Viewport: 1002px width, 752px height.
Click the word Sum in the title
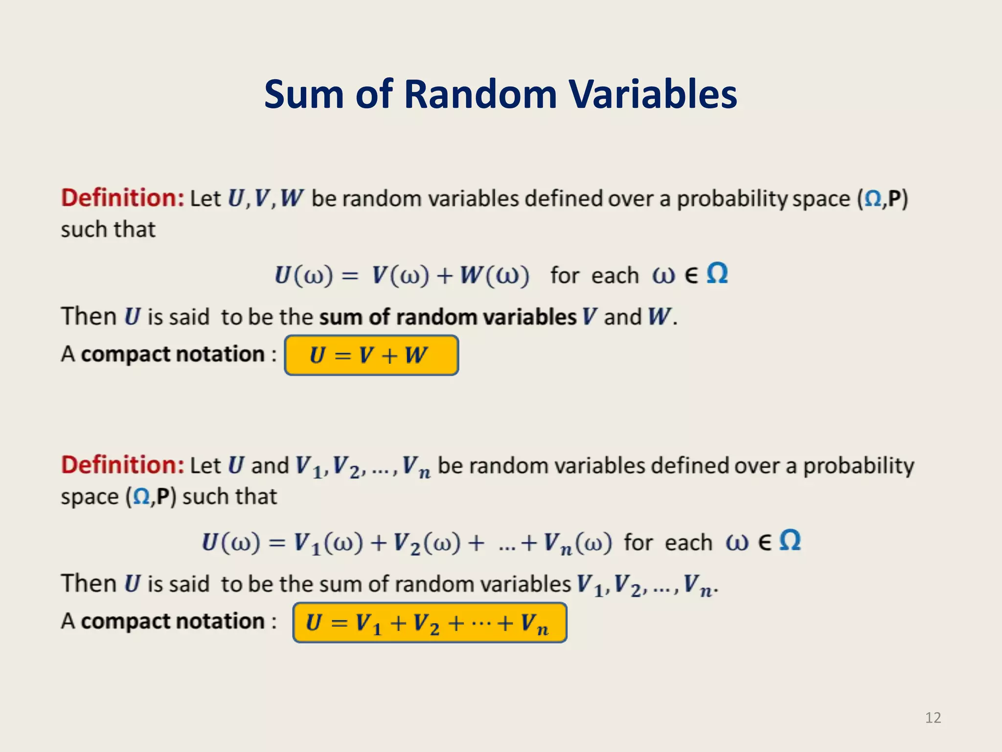pyautogui.click(x=304, y=94)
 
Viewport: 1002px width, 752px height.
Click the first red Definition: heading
pyautogui.click(x=122, y=198)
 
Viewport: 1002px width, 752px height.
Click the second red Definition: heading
pyautogui.click(x=122, y=465)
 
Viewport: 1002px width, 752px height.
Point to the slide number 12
pyautogui.click(x=933, y=718)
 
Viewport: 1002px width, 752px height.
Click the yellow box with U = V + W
pyautogui.click(x=371, y=355)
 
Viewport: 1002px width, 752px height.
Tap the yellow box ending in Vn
pyautogui.click(x=430, y=623)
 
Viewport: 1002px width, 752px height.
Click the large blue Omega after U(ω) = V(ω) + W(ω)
pyautogui.click(x=717, y=273)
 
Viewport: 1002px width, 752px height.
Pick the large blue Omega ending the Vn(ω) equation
pyautogui.click(x=790, y=540)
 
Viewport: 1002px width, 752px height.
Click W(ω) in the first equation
pyautogui.click(x=494, y=275)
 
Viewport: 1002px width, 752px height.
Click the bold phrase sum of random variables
pyautogui.click(x=448, y=317)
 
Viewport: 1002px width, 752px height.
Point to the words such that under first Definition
pyautogui.click(x=108, y=229)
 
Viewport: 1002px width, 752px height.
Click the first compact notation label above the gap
pyautogui.click(x=173, y=354)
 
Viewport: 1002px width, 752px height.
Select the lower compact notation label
pyautogui.click(x=173, y=621)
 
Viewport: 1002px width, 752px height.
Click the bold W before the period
pyautogui.click(x=659, y=317)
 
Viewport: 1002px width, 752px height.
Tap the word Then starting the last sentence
pyautogui.click(x=89, y=584)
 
